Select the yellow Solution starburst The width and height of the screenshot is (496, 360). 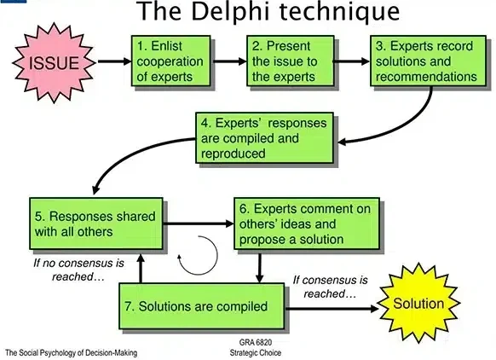(x=418, y=303)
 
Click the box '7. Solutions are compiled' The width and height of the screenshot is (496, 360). (x=205, y=305)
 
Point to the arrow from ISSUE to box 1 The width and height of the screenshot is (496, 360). (x=112, y=61)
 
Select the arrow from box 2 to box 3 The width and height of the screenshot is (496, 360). (x=347, y=61)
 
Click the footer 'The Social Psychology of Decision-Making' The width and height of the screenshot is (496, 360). (x=71, y=352)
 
